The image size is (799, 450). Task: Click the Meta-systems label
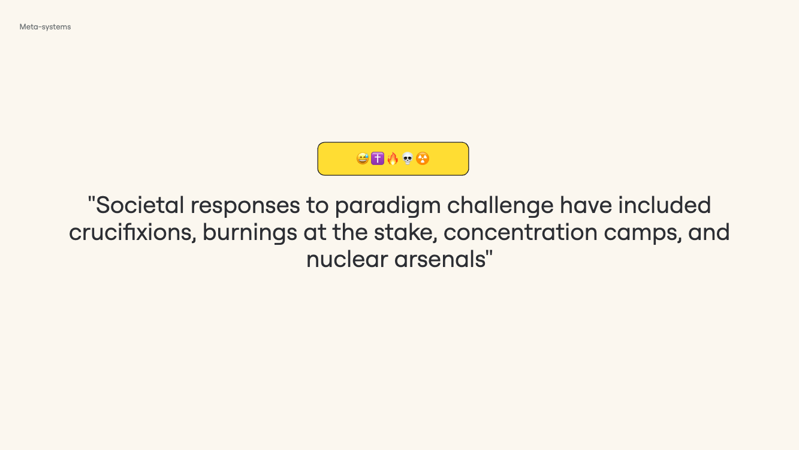45,27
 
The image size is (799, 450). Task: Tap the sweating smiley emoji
363,158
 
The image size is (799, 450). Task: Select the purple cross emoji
378,158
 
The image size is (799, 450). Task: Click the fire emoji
393,158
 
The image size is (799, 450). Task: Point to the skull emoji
408,158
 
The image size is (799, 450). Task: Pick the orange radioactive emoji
423,158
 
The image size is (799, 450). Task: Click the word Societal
140,205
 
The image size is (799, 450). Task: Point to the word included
665,205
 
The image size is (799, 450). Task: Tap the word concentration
520,233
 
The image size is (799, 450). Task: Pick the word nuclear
347,259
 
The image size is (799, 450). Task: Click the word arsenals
440,259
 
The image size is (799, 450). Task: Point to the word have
586,205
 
